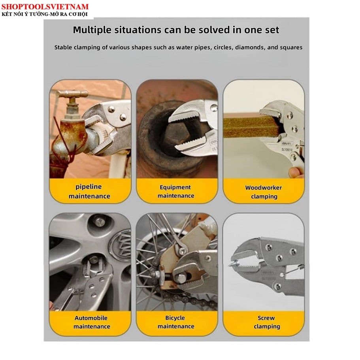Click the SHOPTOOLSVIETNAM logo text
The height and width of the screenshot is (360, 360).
click(45, 7)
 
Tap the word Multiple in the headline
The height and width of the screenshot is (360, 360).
click(92, 30)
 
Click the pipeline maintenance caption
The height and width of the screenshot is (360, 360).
click(89, 191)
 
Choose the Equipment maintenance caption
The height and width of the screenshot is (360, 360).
click(175, 191)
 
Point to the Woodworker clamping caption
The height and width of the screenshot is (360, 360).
click(264, 192)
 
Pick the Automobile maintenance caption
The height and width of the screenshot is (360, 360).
click(91, 322)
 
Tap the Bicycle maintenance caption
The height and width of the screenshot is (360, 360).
click(175, 322)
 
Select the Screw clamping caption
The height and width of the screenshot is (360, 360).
click(267, 322)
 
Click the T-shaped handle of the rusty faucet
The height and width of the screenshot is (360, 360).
click(72, 93)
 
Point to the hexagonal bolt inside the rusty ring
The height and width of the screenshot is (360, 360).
click(173, 135)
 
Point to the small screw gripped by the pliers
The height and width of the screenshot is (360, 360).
click(233, 263)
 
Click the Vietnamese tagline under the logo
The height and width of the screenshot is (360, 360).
click(45, 14)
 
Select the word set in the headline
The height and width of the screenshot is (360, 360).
click(272, 30)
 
